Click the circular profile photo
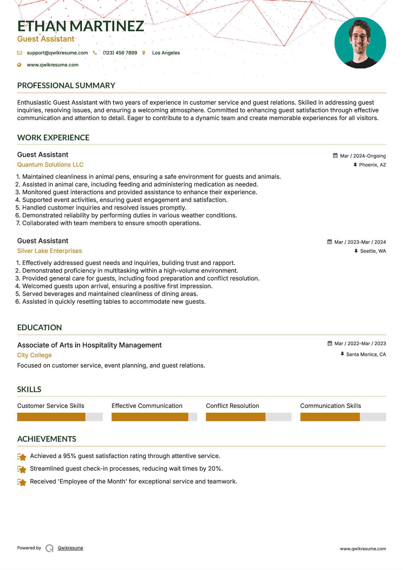click(x=360, y=43)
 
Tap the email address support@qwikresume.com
click(x=57, y=53)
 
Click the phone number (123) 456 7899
click(x=120, y=53)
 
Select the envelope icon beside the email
click(x=19, y=53)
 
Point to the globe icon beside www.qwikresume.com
click(x=19, y=65)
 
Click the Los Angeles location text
click(x=166, y=53)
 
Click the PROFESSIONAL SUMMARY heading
click(x=66, y=85)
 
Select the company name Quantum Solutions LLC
click(x=50, y=165)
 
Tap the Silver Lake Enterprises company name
click(x=50, y=251)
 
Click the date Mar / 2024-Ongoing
click(x=363, y=156)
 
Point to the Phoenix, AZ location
click(x=372, y=165)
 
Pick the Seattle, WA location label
click(x=373, y=251)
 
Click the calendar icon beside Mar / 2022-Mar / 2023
click(x=330, y=343)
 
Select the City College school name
click(x=34, y=355)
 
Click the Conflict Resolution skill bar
click(x=248, y=417)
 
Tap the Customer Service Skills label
click(x=51, y=406)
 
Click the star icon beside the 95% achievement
click(x=22, y=457)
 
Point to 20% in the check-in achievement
click(x=215, y=469)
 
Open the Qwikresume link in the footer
click(x=70, y=548)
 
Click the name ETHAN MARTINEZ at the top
click(x=80, y=26)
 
